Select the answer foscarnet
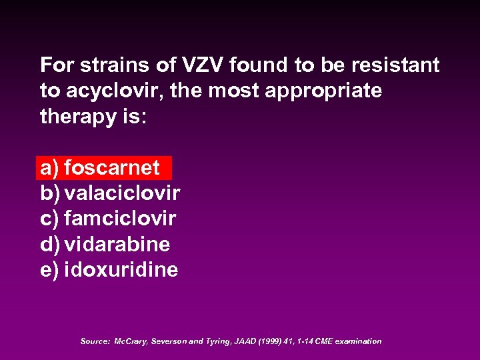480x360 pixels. point(112,167)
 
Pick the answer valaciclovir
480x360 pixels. point(122,193)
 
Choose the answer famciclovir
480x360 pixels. point(120,219)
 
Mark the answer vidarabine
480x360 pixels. point(117,245)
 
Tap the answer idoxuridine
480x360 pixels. point(121,270)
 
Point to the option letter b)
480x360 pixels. point(50,193)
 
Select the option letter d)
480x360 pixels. point(50,245)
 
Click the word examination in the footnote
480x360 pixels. point(358,341)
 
